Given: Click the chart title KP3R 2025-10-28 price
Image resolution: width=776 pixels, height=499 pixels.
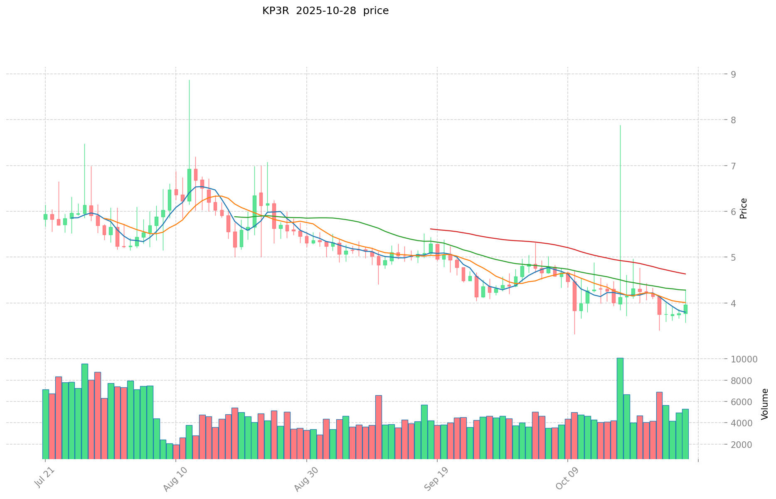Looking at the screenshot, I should coord(325,11).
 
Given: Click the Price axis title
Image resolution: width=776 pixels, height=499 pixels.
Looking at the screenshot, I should coord(744,208).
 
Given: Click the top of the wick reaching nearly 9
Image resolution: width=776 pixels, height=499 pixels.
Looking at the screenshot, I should coord(189,80).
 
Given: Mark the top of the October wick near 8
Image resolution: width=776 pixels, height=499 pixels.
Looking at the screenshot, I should coord(620,125).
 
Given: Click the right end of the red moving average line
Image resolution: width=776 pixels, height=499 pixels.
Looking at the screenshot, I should coord(685,274).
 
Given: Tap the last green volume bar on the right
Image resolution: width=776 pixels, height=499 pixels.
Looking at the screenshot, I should coord(685,434).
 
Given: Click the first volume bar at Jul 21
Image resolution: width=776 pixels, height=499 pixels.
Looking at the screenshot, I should coord(46,424).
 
